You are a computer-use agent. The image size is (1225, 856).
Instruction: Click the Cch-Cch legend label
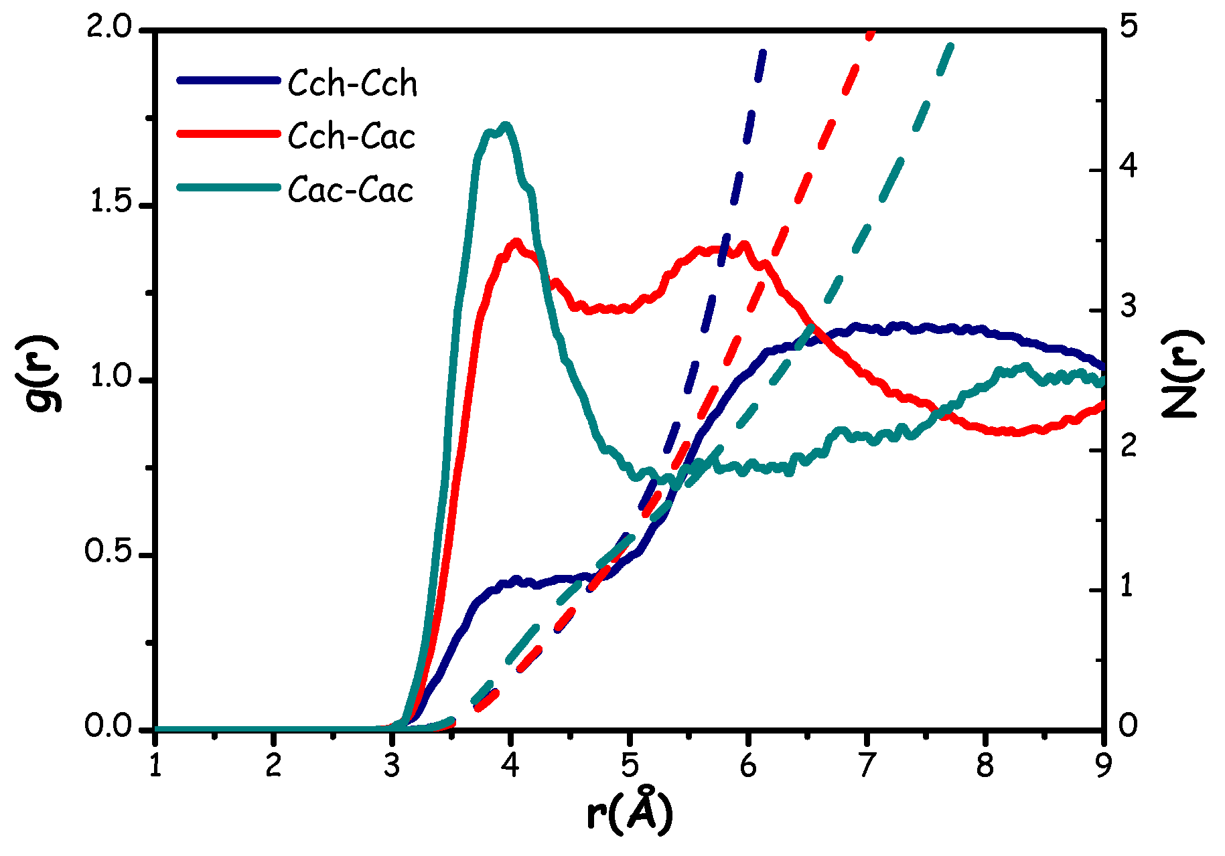[352, 84]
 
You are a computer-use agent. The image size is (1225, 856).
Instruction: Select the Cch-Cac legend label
[352, 137]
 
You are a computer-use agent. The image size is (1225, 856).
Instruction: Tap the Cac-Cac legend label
[351, 191]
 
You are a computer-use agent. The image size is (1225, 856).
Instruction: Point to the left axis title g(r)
[44, 373]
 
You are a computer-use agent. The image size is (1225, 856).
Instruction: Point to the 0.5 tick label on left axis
[111, 554]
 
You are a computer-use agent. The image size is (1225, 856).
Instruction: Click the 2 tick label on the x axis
[273, 766]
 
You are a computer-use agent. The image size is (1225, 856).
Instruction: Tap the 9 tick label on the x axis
[1102, 766]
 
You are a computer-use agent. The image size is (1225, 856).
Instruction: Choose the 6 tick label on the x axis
[747, 766]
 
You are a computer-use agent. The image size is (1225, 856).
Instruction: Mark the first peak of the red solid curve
[516, 242]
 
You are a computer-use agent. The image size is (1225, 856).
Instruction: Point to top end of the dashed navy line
[762, 51]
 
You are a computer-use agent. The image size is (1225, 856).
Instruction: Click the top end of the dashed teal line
[950, 46]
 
